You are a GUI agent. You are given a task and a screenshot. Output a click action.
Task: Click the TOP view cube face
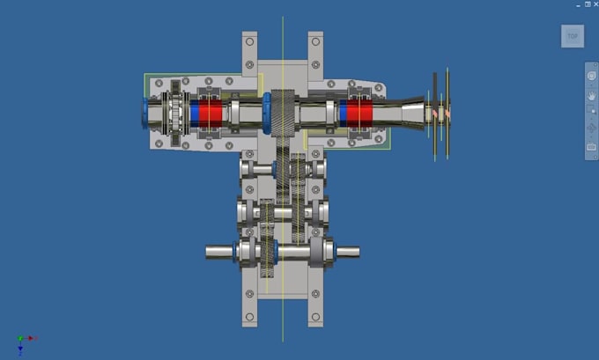pos(573,36)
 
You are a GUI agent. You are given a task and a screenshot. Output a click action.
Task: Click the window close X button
pos(596,4)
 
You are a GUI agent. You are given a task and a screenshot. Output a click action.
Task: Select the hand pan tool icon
pos(591,95)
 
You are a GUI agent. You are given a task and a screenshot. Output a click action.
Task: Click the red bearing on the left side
pos(211,114)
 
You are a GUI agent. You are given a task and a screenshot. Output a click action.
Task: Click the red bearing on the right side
pos(359,114)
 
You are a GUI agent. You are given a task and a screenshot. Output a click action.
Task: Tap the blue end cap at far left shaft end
pos(145,113)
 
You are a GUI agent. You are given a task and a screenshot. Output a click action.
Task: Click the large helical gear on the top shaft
pos(283,114)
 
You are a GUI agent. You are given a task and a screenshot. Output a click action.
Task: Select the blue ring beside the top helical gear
pos(267,114)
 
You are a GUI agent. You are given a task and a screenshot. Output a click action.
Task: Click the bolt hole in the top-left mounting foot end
pos(249,41)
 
